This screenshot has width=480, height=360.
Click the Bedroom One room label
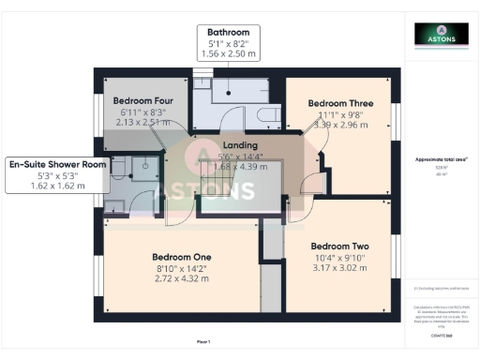click(182, 257)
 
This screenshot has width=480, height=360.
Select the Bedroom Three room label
click(341, 103)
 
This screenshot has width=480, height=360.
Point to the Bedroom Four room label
click(142, 99)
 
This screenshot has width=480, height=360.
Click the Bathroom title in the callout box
click(230, 31)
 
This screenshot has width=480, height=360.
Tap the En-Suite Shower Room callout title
click(58, 164)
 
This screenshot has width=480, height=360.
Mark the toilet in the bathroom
click(266, 115)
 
